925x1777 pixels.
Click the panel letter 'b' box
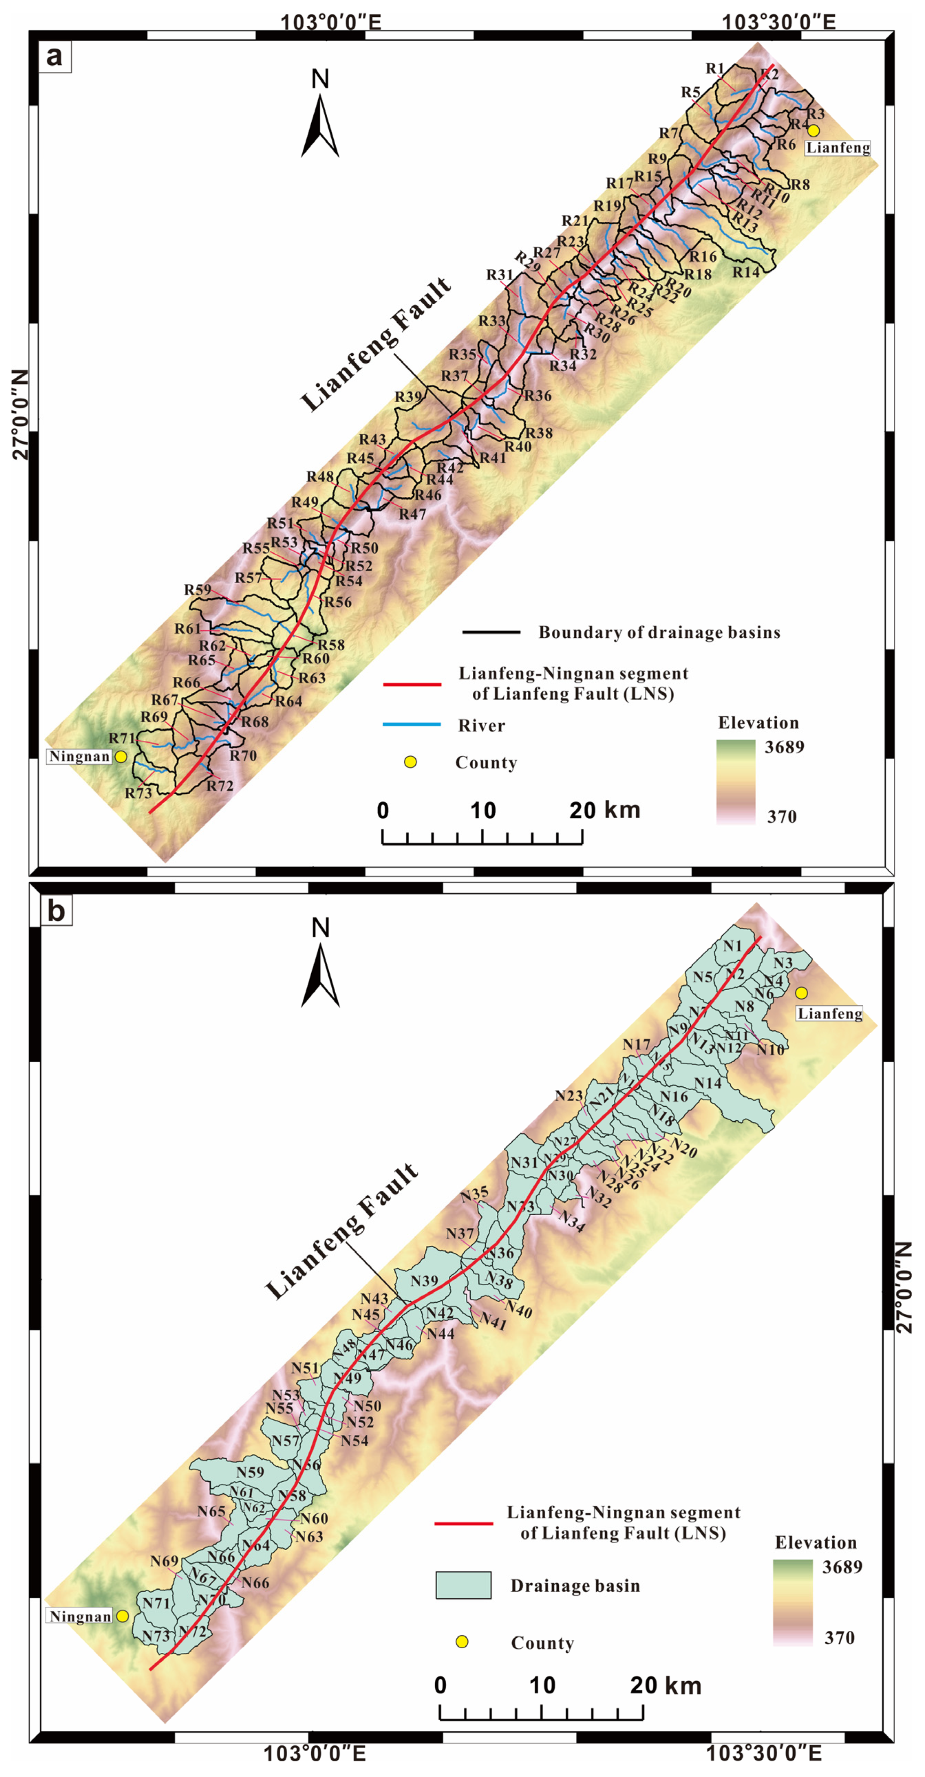point(56,911)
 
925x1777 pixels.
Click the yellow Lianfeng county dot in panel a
point(814,130)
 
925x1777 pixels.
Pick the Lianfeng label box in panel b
point(830,1013)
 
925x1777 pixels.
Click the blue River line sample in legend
point(412,724)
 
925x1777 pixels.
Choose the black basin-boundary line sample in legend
point(491,632)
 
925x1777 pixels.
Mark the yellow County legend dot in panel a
point(410,762)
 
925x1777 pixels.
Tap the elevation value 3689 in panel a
point(784,747)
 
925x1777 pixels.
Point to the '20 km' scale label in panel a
point(604,810)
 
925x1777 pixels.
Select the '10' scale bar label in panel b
point(542,1685)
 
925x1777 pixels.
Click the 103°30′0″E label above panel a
point(779,22)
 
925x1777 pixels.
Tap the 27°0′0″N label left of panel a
point(21,414)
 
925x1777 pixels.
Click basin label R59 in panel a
point(197,590)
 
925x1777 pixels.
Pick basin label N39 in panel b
point(424,1281)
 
